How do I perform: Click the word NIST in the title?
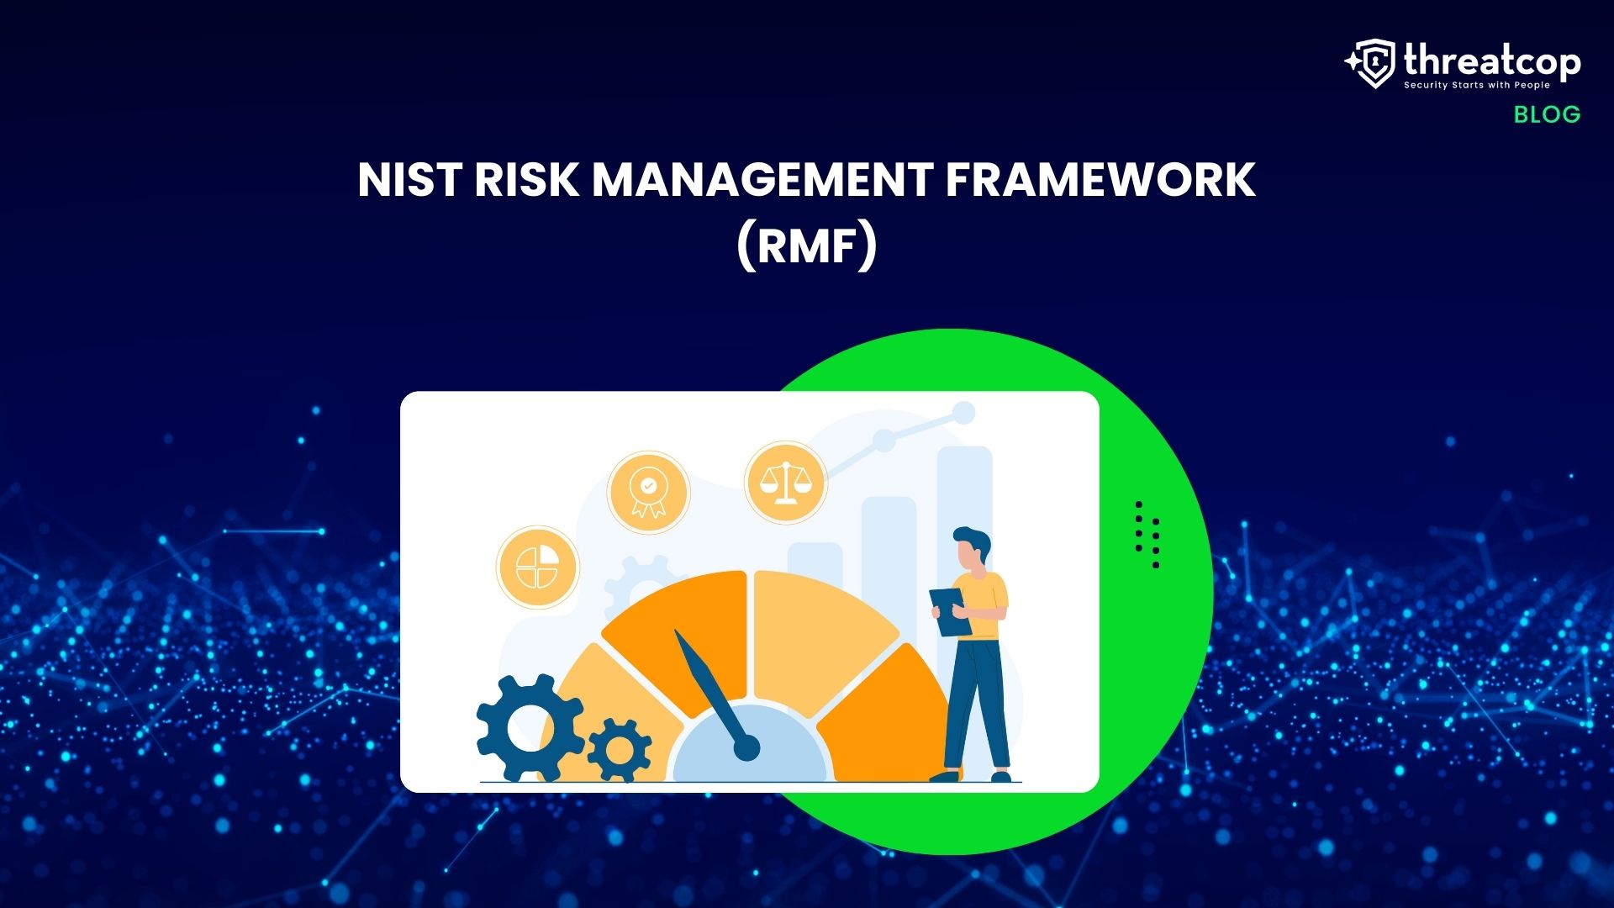409,180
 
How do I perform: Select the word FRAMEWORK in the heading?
1100,180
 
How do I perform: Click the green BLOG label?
1547,114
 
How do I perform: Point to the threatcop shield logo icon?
1374,63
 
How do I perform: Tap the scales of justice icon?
785,483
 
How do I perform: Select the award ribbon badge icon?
648,492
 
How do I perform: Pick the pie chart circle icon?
537,567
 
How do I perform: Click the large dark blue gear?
530,728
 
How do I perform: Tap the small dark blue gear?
620,749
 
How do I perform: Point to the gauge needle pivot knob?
746,747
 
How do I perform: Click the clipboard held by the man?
949,611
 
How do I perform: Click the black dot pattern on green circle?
1147,535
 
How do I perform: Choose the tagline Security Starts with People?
1476,86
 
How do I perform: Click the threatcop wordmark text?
1492,61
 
